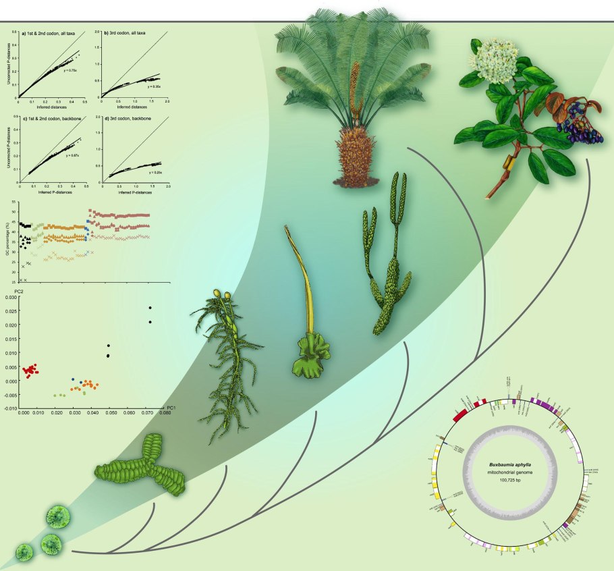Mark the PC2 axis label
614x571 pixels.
coord(20,291)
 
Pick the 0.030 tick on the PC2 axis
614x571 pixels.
coord(11,296)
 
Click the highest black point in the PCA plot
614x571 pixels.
coord(150,308)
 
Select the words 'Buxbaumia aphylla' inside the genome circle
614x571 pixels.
coord(511,464)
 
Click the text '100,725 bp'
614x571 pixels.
coord(511,481)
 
